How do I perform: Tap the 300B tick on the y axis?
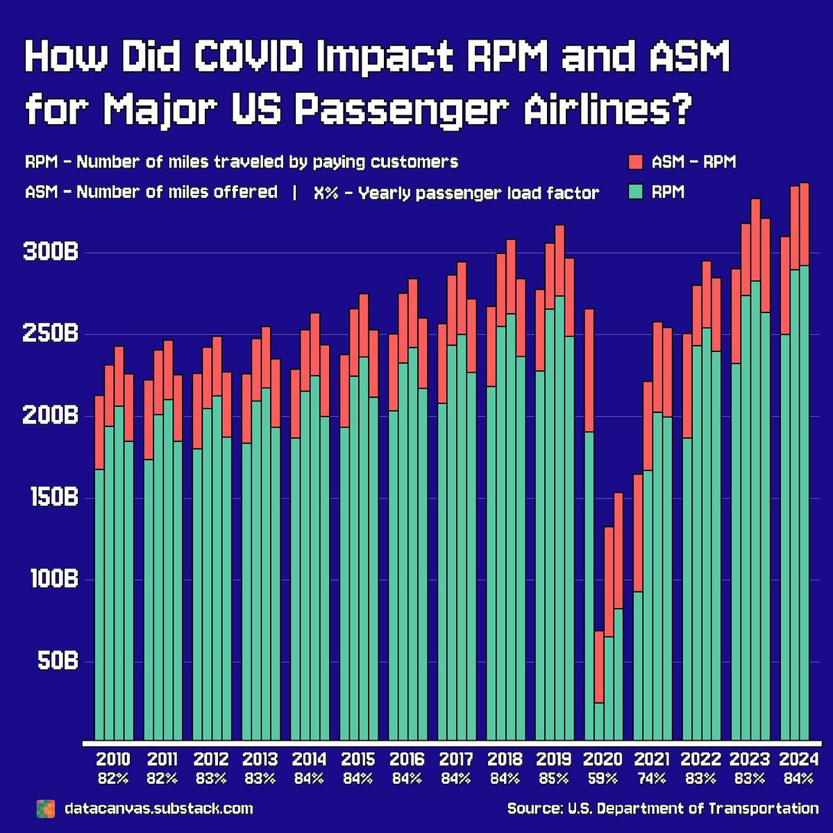click(51, 252)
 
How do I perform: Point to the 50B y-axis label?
click(57, 661)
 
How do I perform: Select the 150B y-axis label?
click(53, 498)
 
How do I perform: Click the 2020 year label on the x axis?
click(603, 759)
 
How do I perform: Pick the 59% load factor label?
click(603, 779)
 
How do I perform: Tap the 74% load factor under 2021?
click(652, 779)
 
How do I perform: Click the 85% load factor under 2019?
click(554, 779)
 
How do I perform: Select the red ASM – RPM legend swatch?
click(636, 162)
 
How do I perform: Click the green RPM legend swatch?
click(636, 192)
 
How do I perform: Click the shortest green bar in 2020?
click(599, 721)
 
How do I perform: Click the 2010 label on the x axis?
click(113, 759)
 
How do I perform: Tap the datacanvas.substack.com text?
click(158, 809)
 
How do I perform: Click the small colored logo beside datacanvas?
click(45, 809)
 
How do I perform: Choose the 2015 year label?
click(358, 759)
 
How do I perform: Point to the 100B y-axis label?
click(53, 579)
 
